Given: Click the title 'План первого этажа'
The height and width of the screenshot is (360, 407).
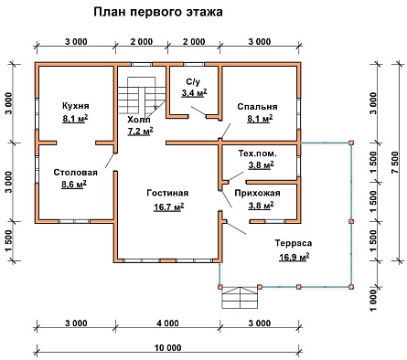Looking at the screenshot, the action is [x=158, y=12].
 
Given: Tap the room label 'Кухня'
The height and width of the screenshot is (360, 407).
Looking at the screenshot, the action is [x=76, y=106].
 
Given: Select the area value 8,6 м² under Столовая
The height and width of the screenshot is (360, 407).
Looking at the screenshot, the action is [x=74, y=185].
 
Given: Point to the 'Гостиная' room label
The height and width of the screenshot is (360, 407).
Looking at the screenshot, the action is [x=167, y=193].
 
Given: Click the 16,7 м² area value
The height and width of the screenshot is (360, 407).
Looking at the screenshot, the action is [x=168, y=207].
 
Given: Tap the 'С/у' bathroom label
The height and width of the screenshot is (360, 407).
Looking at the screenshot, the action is [x=193, y=82].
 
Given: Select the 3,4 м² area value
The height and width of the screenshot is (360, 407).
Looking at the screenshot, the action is [x=194, y=93].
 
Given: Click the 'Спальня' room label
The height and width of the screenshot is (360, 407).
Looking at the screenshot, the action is [x=257, y=107].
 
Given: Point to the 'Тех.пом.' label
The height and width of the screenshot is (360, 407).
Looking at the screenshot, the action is [x=258, y=154].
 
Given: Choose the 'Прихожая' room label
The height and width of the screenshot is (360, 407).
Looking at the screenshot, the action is [x=257, y=193].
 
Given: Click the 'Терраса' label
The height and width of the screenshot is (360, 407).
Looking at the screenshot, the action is [x=294, y=243].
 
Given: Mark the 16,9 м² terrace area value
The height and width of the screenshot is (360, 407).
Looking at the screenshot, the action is [x=295, y=257].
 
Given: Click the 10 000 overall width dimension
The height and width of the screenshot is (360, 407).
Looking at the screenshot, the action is [x=167, y=347].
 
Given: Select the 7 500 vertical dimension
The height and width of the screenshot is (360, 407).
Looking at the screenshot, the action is [x=395, y=163].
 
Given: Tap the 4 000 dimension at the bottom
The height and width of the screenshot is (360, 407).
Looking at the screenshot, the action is [x=167, y=323].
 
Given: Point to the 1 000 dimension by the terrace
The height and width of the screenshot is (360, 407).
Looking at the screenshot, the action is [x=373, y=301].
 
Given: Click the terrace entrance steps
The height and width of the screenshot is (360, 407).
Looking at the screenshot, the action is [x=241, y=298].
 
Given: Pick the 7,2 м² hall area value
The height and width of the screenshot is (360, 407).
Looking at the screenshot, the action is [x=140, y=132].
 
